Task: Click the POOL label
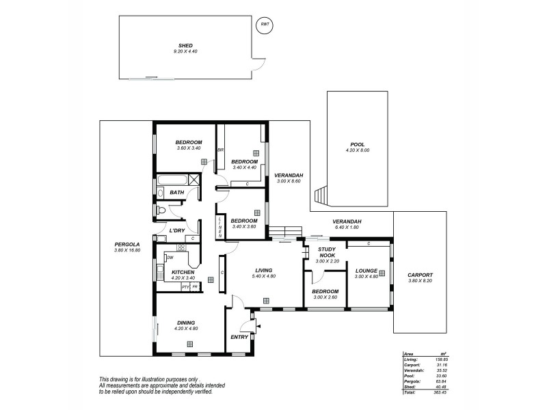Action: (x=357, y=144)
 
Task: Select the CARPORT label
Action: (x=419, y=275)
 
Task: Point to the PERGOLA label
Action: (x=126, y=245)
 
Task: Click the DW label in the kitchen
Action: (x=170, y=258)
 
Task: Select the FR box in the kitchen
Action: (x=195, y=287)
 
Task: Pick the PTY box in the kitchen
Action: (x=185, y=287)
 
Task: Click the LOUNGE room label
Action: (x=366, y=271)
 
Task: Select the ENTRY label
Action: (x=239, y=337)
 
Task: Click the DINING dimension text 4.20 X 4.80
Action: (x=185, y=329)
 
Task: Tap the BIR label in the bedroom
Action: (x=220, y=150)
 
